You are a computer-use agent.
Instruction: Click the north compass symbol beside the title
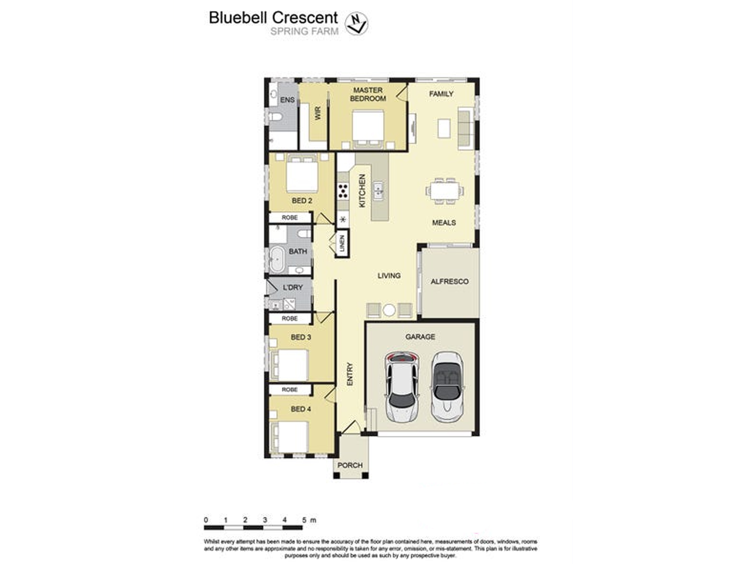pos(356,23)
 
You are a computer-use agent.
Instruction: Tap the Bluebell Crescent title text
pos(273,18)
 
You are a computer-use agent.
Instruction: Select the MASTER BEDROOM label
pos(368,94)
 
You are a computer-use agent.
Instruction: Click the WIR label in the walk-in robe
pos(318,113)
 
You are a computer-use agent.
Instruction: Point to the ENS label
pos(287,100)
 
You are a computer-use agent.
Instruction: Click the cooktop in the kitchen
pos(343,191)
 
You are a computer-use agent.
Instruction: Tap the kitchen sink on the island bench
pos(378,191)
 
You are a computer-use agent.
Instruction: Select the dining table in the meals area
pos(445,191)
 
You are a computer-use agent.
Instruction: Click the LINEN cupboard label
pos(342,244)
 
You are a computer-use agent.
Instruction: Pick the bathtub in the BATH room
pos(277,259)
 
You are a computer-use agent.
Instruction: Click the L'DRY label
pos(293,287)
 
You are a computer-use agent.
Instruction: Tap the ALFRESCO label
pos(450,281)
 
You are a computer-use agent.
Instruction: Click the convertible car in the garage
pos(447,387)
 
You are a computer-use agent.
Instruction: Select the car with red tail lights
pos(402,387)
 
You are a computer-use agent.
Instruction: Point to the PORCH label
pos(350,465)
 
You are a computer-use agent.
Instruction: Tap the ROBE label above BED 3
pos(290,319)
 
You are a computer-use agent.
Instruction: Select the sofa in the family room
pos(466,127)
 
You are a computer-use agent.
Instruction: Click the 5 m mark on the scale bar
pos(304,520)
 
